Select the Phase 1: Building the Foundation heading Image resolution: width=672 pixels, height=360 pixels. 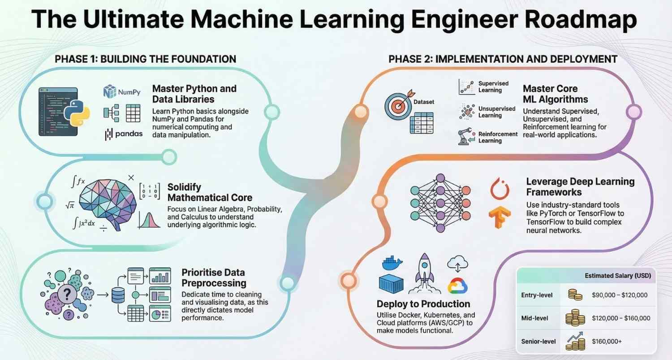tap(145, 59)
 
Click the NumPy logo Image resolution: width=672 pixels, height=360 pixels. tap(122, 92)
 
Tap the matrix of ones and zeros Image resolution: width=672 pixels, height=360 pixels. tap(150, 191)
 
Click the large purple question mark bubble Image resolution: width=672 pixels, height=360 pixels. tap(67, 295)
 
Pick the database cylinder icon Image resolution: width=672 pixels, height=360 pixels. tap(118, 295)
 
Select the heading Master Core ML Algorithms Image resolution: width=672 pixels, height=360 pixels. tap(556, 94)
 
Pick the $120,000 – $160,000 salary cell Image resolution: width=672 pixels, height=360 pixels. tap(621, 318)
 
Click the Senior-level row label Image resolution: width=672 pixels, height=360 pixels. tap(538, 342)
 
